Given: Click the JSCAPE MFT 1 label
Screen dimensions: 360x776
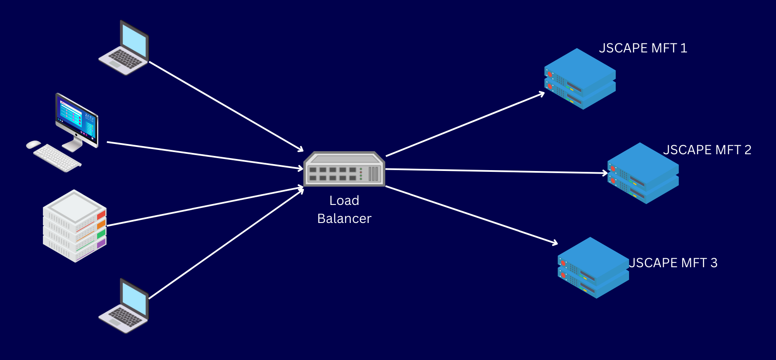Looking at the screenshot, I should coord(643,48).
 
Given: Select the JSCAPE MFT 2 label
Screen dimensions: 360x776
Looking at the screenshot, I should coord(707,150).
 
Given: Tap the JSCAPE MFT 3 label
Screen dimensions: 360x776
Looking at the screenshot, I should coord(673,263).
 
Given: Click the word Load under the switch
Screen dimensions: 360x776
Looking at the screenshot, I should coord(344,201).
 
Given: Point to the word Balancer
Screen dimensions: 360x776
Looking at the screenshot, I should coord(344,219).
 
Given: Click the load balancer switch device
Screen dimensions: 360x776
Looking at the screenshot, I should coord(344,169).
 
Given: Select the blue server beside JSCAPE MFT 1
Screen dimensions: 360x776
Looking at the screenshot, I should coord(580,79).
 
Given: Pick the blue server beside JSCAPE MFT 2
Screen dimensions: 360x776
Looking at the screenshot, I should coord(643,174).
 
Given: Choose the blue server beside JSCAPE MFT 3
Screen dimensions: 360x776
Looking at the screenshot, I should coord(593,268).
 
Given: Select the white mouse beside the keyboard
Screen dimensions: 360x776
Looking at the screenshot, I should coord(33,144).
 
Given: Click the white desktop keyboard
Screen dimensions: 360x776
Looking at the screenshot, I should coord(57,158).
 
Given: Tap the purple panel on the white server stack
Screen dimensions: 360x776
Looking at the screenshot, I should coord(101,244).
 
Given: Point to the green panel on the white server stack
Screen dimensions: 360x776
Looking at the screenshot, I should coord(101,234).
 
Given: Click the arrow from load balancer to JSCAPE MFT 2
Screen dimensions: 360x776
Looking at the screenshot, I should coord(494,171).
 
